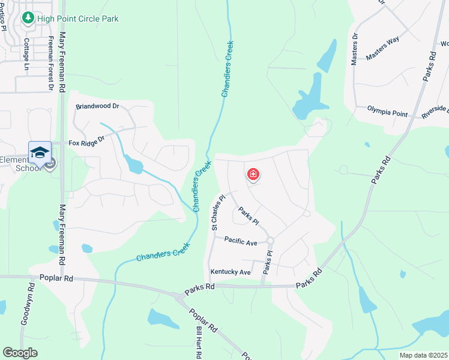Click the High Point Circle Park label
click(78, 19)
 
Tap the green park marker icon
click(28, 19)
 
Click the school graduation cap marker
click(40, 152)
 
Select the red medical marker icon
click(253, 175)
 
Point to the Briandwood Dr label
click(98, 106)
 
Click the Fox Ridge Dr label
click(86, 143)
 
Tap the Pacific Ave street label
click(241, 242)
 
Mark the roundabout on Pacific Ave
click(270, 241)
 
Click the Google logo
click(20, 353)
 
